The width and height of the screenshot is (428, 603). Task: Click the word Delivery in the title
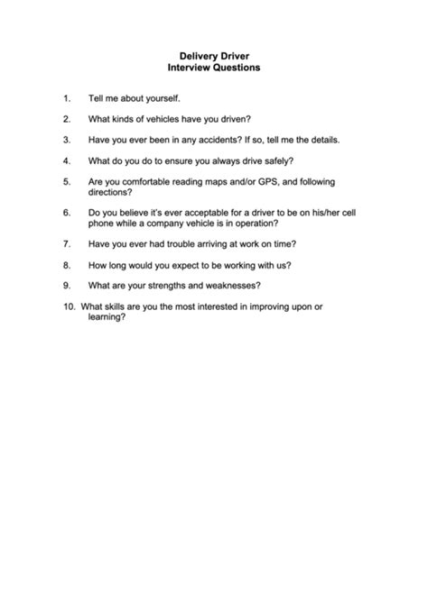[192, 55]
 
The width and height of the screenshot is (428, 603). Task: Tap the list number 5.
[67, 182]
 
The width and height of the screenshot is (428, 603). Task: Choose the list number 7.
[67, 244]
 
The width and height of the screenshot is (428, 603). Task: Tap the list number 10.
[69, 308]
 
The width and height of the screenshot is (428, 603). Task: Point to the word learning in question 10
[106, 318]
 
